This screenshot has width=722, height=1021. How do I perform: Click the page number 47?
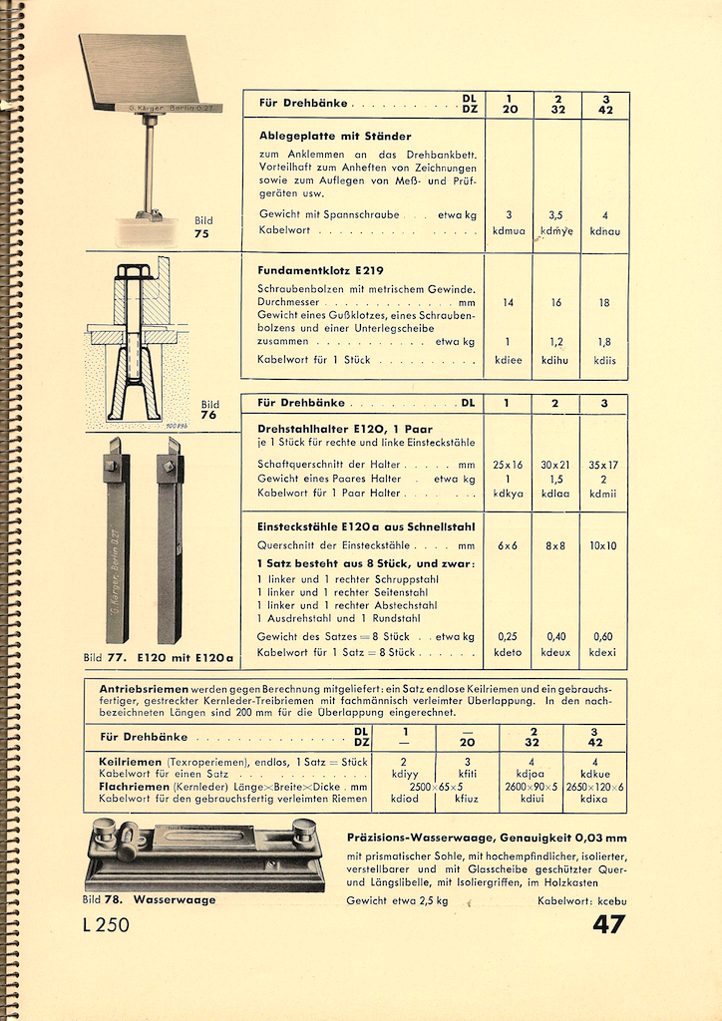click(x=608, y=923)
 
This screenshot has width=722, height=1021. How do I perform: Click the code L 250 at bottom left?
click(x=106, y=924)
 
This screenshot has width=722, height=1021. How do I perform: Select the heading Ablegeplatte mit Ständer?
click(x=334, y=136)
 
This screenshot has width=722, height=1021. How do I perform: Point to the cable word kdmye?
click(x=556, y=230)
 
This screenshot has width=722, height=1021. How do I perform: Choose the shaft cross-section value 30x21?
click(x=556, y=465)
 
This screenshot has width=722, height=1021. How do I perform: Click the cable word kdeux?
click(x=556, y=652)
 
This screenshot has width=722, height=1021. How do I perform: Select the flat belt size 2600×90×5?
click(x=530, y=786)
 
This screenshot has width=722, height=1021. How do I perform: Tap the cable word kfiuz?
click(x=467, y=798)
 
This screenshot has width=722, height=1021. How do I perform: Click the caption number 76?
click(x=208, y=415)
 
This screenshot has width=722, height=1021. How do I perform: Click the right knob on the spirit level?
click(x=303, y=830)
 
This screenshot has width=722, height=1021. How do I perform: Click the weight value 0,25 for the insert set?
click(x=508, y=636)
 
